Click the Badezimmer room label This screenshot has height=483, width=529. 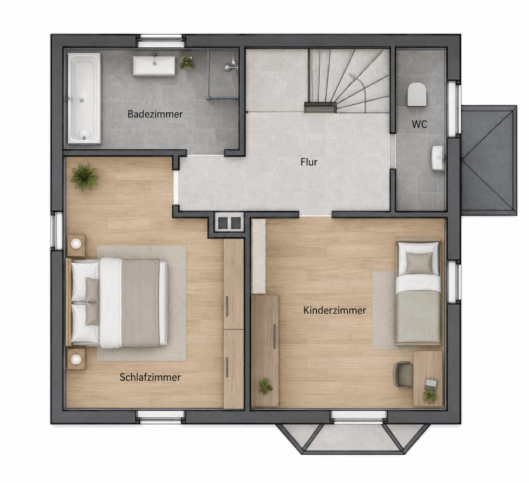pos(155,114)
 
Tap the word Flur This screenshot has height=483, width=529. pos(309,162)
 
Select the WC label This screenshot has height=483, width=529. pos(419,124)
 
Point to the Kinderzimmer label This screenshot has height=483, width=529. pos(334,310)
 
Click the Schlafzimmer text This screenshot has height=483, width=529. pos(150,377)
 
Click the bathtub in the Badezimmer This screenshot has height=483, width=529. pos(84,98)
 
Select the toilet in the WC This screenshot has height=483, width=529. pos(417,94)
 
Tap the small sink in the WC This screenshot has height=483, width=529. pos(438,158)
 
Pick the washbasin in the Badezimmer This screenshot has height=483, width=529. pos(154,66)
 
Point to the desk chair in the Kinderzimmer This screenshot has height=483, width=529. pos(403,375)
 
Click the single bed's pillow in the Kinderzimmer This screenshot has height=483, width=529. pos(419,263)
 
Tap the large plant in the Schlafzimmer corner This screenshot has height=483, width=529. pos(84,177)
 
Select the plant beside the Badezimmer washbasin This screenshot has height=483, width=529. pos(186,62)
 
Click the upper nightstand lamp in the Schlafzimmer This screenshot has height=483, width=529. pos(76,243)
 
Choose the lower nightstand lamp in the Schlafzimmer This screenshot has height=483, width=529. pos(76,359)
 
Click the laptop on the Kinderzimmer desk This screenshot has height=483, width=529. pos(431,384)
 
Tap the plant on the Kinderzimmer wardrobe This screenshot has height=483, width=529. pos(266,386)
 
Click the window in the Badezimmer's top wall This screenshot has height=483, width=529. pos(160,41)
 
